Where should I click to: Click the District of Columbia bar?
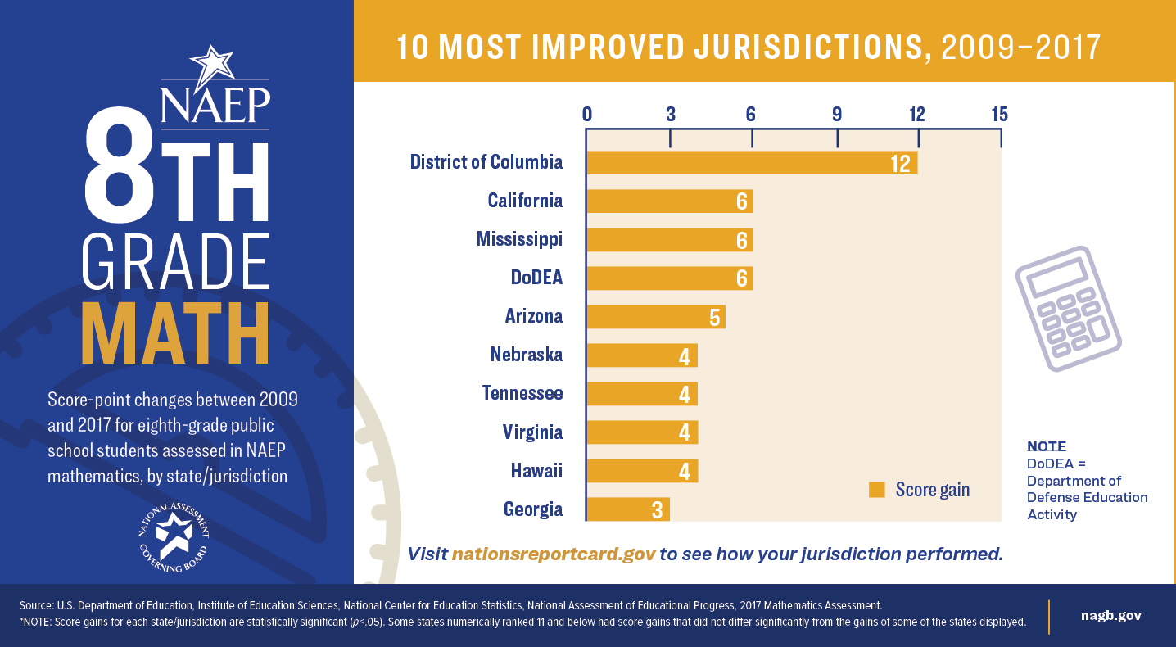tap(752, 162)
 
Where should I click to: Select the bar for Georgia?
tap(627, 509)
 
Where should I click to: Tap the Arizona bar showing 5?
tap(655, 316)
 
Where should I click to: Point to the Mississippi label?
tap(519, 239)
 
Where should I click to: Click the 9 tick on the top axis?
tap(837, 114)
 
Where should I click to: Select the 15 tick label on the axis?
tap(999, 114)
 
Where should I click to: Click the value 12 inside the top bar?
tap(901, 163)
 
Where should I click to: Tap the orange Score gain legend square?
tap(877, 490)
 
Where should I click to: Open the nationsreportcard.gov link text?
tap(554, 554)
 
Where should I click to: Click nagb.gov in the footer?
tap(1111, 615)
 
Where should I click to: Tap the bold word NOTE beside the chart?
tap(1047, 446)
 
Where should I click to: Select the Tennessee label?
tap(522, 393)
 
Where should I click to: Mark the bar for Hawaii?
tap(642, 471)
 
